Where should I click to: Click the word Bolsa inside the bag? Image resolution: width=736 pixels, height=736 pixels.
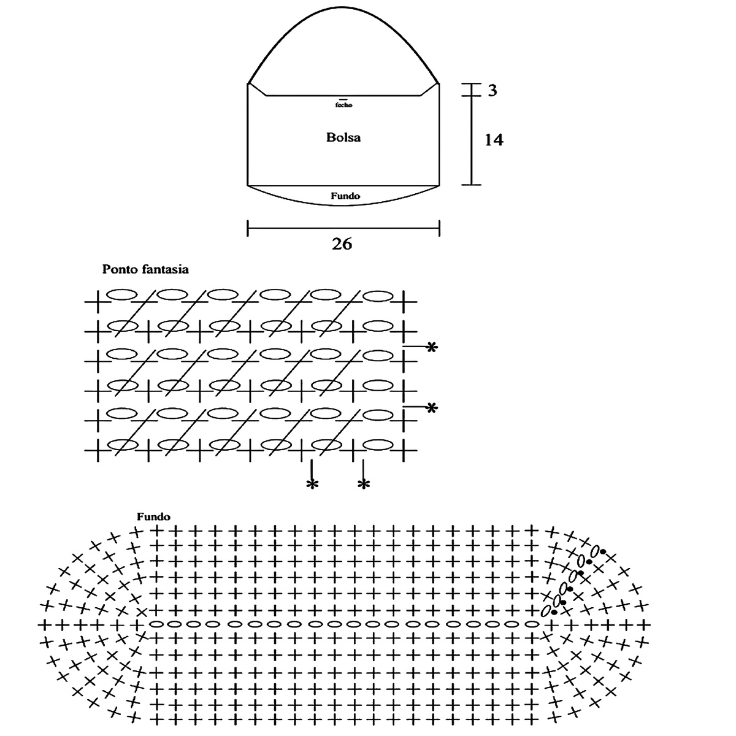click(343, 137)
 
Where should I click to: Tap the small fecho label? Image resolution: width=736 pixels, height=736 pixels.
click(344, 105)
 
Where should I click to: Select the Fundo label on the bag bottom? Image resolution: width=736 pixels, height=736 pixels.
click(345, 196)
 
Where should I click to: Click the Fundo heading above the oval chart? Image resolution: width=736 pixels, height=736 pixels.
click(153, 517)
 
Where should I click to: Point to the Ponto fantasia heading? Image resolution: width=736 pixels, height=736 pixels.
click(145, 269)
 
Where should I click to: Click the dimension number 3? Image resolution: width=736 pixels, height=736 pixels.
click(493, 91)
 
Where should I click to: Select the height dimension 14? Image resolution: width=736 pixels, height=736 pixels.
click(494, 140)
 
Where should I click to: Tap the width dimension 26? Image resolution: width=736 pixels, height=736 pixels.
click(342, 243)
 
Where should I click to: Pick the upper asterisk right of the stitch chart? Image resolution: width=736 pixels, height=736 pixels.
click(432, 348)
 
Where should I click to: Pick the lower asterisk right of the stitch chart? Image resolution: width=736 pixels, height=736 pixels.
click(432, 408)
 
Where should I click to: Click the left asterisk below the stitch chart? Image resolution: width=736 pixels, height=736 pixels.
click(312, 485)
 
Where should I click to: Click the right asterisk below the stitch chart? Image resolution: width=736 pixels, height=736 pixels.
click(364, 485)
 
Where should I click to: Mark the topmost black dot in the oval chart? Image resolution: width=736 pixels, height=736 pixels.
click(603, 552)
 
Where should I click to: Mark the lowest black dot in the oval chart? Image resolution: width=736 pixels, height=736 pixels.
click(554, 612)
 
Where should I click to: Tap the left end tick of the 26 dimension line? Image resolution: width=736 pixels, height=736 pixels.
click(248, 229)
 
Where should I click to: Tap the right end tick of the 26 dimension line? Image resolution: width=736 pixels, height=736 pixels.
click(440, 229)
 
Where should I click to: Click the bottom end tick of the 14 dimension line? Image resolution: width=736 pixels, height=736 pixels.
click(472, 184)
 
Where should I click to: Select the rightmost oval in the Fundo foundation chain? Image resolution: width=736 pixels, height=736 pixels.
click(532, 624)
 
